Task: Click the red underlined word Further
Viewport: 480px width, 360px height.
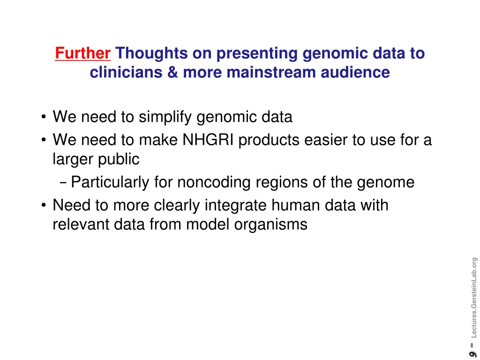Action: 82,54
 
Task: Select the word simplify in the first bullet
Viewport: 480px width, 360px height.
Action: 166,117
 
